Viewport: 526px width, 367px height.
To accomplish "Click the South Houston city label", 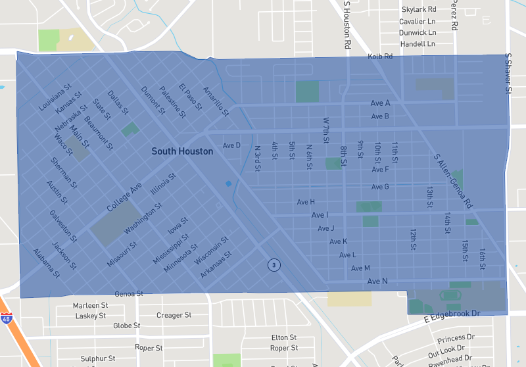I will click(182, 151).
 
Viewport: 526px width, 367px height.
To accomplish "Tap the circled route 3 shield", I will click(274, 265).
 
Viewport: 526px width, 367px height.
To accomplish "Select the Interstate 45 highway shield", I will click(6, 318).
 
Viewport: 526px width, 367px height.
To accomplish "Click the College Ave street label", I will click(124, 197).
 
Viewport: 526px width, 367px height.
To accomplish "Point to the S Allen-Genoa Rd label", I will click(453, 182).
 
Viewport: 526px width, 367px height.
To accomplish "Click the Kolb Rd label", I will click(380, 57).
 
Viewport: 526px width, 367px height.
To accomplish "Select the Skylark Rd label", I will click(419, 9).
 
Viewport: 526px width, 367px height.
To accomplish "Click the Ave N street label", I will click(377, 281).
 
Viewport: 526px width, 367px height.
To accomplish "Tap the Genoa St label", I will click(128, 293).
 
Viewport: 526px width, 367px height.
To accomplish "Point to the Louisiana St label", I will click(55, 97).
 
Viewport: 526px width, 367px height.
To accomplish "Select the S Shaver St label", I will click(508, 73).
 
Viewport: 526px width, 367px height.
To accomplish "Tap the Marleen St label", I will click(90, 305).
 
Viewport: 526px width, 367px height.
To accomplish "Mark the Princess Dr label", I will click(451, 338).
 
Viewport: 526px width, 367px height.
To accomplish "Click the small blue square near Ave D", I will click(228, 183).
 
